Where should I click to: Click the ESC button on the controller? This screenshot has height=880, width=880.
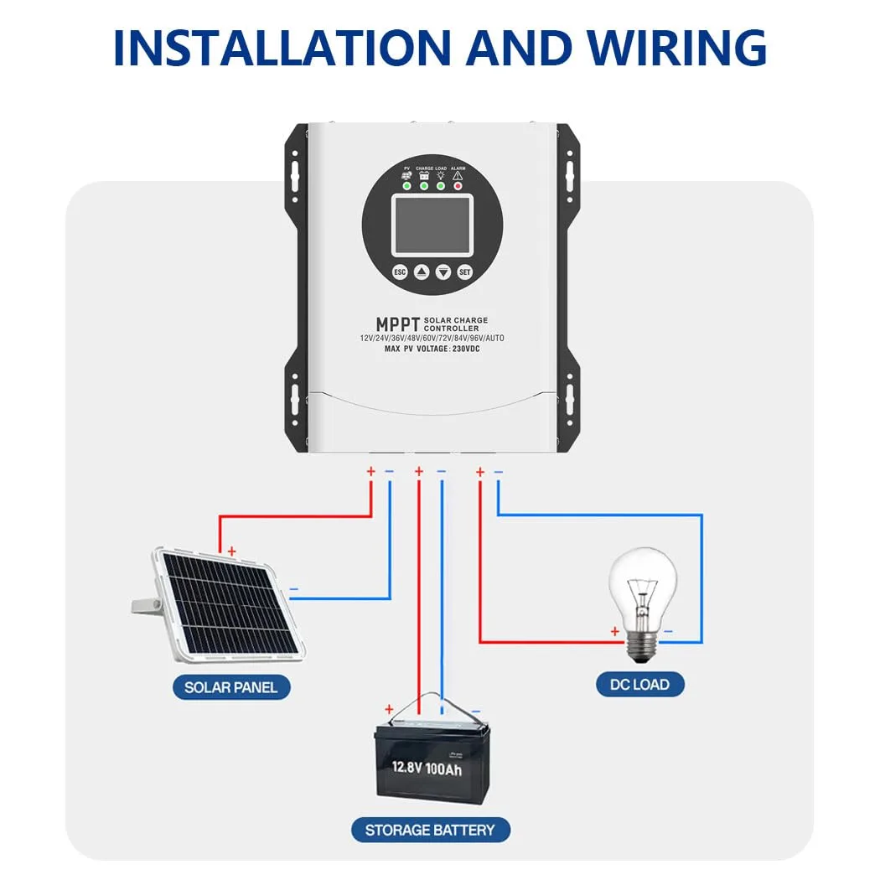pos(400,272)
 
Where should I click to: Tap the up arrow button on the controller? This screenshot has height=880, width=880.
pos(422,272)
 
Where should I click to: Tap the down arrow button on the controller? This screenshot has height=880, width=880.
pos(443,272)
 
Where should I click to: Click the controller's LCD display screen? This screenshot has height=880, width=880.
pos(432,225)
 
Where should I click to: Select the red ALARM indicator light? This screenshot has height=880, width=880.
pos(458,185)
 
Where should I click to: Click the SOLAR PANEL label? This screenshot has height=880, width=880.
pos(236,688)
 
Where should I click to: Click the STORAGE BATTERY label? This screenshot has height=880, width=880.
pos(431,831)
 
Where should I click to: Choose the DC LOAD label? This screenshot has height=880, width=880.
pos(639,684)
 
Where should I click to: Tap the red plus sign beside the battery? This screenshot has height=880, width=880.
pos(388,709)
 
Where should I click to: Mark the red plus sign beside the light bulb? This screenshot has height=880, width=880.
pos(614,631)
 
